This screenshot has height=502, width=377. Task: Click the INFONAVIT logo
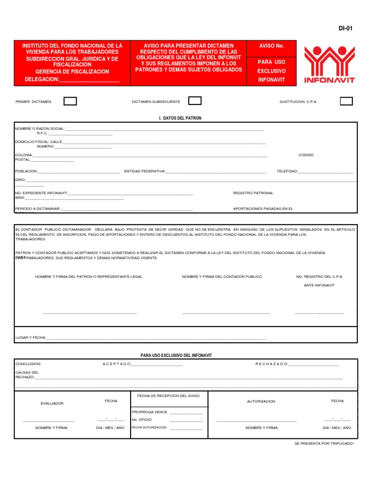tap(329, 65)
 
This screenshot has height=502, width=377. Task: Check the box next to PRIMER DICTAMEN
tap(70, 101)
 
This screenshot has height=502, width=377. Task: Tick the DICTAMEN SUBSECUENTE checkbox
tap(195, 101)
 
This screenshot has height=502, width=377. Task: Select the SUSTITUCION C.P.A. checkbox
tap(347, 101)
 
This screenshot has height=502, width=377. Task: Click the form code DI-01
tap(345, 28)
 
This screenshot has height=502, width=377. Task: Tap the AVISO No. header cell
tap(271, 46)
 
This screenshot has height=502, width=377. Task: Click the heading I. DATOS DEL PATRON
tap(180, 118)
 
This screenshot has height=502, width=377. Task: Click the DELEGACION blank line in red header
tap(89, 79)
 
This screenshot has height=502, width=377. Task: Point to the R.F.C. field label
tap(43, 133)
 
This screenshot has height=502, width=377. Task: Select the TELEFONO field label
tap(287, 171)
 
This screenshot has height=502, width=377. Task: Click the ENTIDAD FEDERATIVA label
tap(145, 171)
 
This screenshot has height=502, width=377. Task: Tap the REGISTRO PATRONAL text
tap(253, 193)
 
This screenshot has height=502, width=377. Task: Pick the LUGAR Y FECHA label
tap(30, 338)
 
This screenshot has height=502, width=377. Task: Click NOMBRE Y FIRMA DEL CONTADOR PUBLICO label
tap(222, 276)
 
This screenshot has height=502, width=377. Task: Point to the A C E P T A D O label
tap(116, 364)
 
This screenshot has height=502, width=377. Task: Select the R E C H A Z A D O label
tap(271, 364)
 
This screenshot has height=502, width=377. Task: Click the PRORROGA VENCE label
tap(149, 412)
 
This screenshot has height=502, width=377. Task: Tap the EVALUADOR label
tap(52, 403)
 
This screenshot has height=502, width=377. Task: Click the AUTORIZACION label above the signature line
tap(261, 401)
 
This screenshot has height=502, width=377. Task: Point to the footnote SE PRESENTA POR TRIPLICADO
tap(324, 443)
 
